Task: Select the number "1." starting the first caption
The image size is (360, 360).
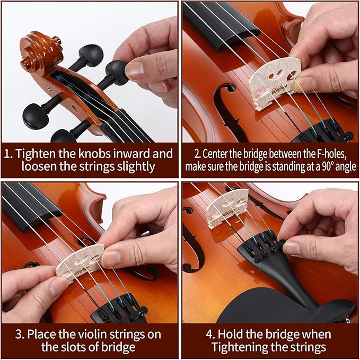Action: point(8,154)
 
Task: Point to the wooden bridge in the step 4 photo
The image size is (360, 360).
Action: point(227,207)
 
